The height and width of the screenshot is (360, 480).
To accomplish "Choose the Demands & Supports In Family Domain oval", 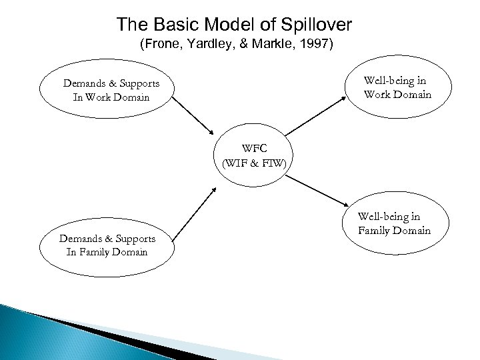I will [x=107, y=245].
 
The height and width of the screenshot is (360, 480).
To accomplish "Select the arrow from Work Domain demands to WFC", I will [x=191, y=117].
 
